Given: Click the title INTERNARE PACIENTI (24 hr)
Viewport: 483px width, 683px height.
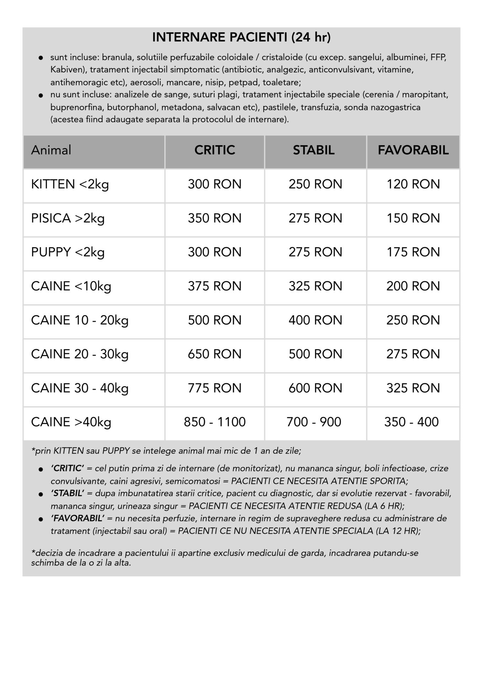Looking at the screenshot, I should click(241, 37).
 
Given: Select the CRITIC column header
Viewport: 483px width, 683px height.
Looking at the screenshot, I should click(214, 150).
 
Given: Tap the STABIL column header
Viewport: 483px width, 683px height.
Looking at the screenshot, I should click(314, 150).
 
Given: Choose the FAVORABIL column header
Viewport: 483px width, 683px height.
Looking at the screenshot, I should click(413, 150).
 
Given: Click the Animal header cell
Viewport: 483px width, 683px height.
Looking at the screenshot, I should click(51, 150).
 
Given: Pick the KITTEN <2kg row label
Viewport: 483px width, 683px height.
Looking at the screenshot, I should click(70, 184).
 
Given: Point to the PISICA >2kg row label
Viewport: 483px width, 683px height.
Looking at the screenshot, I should click(68, 218).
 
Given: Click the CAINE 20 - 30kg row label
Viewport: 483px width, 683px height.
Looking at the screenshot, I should click(80, 354).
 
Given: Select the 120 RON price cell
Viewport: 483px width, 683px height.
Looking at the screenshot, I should click(413, 184).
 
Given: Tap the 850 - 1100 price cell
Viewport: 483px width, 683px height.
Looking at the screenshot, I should click(214, 422).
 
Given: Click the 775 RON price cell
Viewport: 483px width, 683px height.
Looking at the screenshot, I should click(214, 388).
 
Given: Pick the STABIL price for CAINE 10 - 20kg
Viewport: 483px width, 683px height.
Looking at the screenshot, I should click(315, 320).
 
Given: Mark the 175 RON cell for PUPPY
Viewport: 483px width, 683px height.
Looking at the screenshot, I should click(413, 252).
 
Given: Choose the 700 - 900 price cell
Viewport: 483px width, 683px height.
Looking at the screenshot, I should click(314, 422).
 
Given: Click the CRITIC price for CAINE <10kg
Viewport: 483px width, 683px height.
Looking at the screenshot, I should click(214, 286).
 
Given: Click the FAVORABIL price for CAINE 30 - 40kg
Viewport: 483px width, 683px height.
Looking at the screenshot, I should click(413, 388).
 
